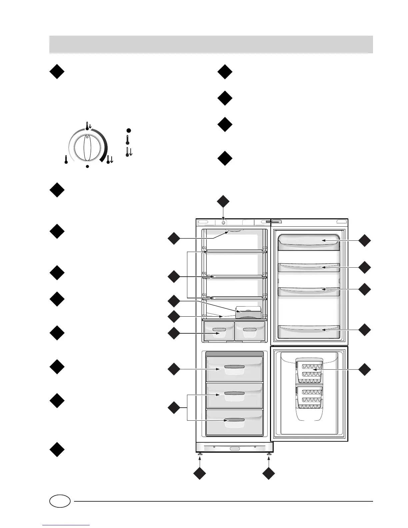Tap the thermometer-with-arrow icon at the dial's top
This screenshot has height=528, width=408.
(88, 126)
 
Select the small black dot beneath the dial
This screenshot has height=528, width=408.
(87, 166)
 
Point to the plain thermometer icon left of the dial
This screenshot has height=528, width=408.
(66, 160)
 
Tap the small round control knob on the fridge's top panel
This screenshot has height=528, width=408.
(223, 222)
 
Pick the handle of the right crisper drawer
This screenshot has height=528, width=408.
(250, 329)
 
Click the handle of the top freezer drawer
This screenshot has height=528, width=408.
(235, 367)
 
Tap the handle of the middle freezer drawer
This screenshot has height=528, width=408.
(235, 394)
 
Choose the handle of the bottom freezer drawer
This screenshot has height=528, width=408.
(235, 420)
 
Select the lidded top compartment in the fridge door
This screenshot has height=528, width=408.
(309, 241)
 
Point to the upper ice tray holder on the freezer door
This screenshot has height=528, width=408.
(309, 370)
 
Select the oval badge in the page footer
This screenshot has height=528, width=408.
(60, 501)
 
